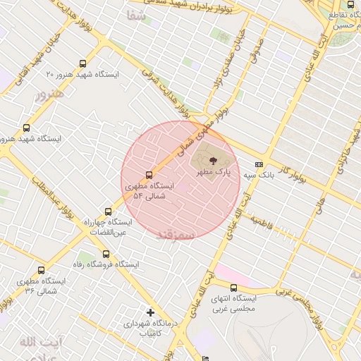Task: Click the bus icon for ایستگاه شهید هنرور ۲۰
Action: [x=84, y=63]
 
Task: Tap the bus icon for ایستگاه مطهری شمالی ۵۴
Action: [x=149, y=175]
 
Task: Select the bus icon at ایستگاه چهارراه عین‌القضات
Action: [x=108, y=212]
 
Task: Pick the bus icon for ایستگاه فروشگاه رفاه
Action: [x=106, y=254]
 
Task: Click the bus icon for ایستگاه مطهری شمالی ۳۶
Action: [x=40, y=270]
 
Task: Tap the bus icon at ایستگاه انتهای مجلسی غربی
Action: [x=254, y=287]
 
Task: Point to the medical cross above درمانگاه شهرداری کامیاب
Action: [x=149, y=312]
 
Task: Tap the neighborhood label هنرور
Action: [x=49, y=93]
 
